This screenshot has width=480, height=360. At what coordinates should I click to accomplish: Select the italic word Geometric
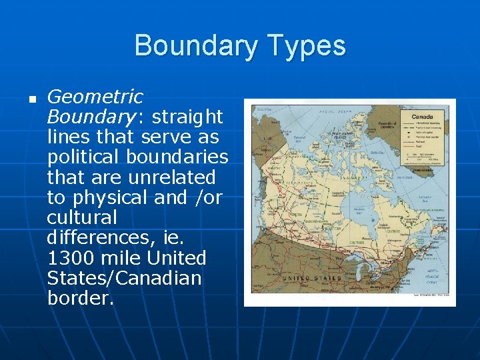click(x=95, y=97)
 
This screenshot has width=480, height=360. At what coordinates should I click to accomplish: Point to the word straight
click(x=187, y=117)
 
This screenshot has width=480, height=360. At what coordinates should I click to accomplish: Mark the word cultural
click(x=81, y=217)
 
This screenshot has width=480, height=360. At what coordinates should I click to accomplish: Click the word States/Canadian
click(x=124, y=277)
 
